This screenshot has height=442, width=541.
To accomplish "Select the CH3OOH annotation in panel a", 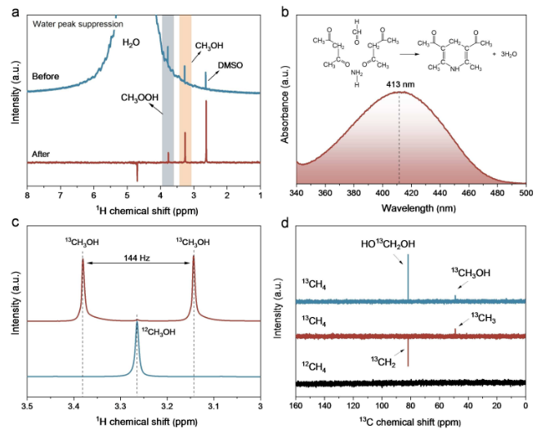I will tap(139, 100).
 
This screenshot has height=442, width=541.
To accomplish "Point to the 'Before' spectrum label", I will tap(46, 76).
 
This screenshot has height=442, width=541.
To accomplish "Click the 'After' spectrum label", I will tap(42, 153).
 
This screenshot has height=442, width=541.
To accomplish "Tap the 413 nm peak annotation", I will tap(400, 83).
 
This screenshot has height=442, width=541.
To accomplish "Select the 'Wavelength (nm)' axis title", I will tap(411, 208).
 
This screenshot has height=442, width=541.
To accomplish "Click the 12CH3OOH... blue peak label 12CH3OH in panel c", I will tap(156, 331).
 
